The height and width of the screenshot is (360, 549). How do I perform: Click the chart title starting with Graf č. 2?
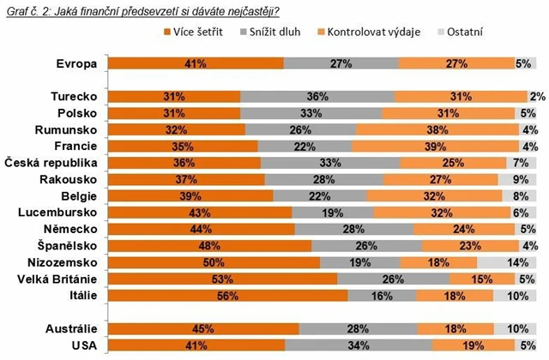coord(141,9)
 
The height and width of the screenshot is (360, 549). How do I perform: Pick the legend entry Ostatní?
coord(489,33)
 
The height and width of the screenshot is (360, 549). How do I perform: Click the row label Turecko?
coord(72,97)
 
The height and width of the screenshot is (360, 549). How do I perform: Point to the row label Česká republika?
coord(51,163)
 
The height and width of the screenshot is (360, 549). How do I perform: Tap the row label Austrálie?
coord(69,328)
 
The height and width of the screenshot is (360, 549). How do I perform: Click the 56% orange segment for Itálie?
coord(226,295)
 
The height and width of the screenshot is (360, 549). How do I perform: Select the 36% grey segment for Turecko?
coord(317,97)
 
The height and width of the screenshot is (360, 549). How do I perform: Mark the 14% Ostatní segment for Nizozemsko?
coord(505,261)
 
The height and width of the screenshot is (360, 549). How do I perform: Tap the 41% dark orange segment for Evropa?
coord(193,63)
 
